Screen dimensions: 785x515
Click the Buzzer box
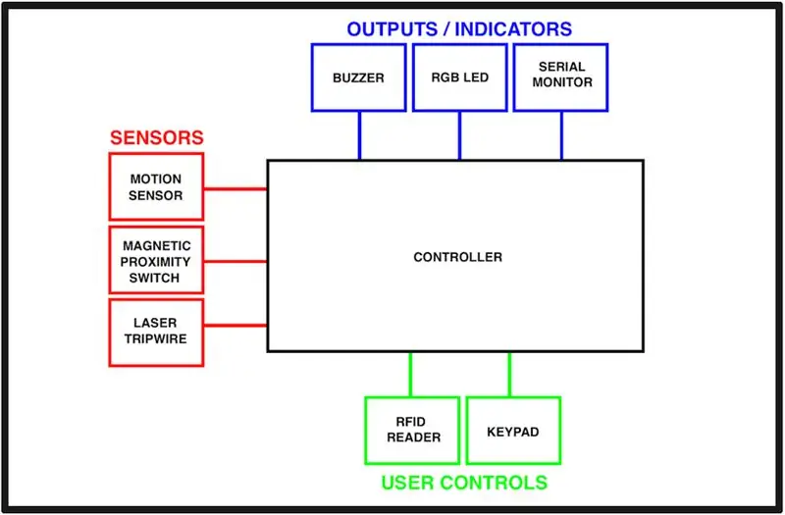pos(358,77)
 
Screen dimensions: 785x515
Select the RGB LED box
pos(459,77)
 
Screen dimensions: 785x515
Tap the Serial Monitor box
pos(560,77)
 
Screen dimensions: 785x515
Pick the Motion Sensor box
pos(156,186)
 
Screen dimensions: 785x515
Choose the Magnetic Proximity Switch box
pos(156,260)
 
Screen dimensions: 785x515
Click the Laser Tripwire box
pos(156,333)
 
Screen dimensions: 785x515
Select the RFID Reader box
pos(412,431)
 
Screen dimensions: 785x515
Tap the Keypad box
pos(513,431)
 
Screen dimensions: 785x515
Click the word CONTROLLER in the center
pos(457,257)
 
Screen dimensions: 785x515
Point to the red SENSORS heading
pos(157,137)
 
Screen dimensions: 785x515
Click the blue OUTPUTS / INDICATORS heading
pos(459,29)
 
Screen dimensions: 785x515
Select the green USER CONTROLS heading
pos(464,483)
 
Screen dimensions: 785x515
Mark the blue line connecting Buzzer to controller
pos(359,135)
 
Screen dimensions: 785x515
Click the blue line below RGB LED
pos(459,135)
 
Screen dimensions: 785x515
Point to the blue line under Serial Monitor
pos(561,135)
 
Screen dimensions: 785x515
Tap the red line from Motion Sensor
pos(235,188)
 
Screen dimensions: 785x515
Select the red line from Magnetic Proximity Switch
pos(235,261)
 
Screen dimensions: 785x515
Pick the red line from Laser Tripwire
pos(235,326)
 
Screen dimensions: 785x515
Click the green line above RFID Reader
pos(410,375)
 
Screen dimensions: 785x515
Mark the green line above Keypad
pos(509,375)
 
